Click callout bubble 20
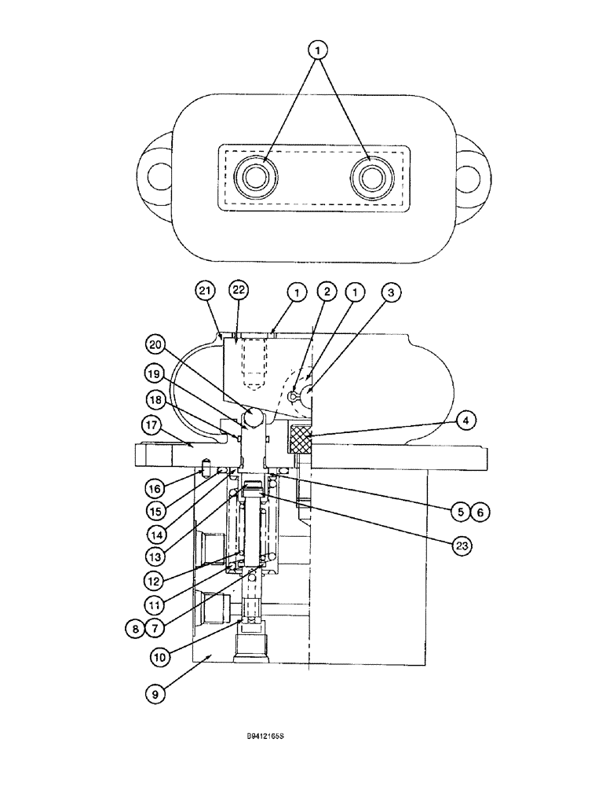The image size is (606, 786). click(x=155, y=343)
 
